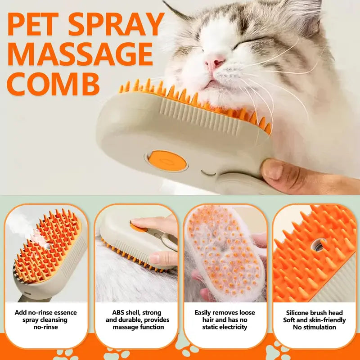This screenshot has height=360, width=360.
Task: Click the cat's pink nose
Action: tap(215, 63)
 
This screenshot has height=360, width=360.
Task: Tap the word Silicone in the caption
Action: tap(300, 313)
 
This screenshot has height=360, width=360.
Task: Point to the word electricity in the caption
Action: tap(230, 327)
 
